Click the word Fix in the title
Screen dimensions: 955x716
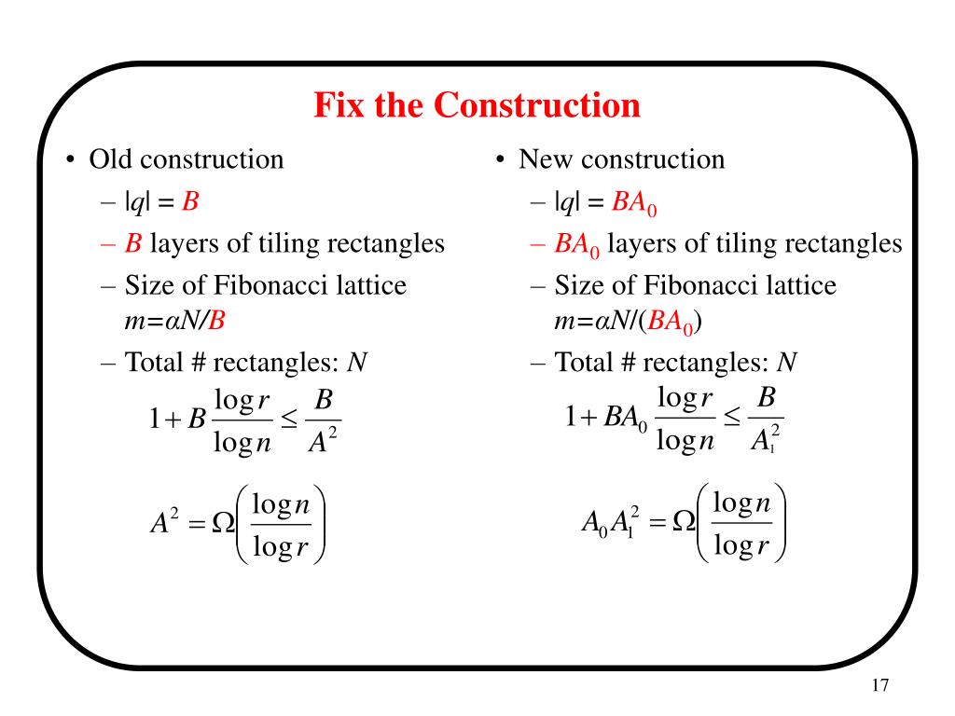(339, 104)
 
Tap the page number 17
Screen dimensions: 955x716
(879, 685)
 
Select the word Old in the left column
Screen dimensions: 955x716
(110, 159)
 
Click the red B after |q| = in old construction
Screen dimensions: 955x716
(191, 201)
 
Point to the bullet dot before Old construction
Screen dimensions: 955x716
(71, 160)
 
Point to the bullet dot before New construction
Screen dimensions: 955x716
(501, 160)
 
